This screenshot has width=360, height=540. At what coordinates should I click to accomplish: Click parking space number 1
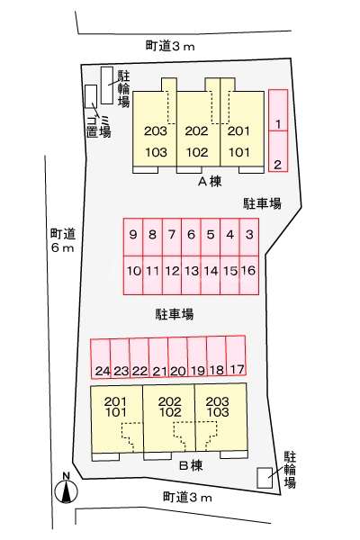tap(278, 110)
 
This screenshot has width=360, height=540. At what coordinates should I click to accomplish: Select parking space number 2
tap(278, 151)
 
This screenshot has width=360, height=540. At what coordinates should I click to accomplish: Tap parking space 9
tap(133, 238)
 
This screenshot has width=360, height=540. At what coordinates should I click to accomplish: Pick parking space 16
tap(248, 275)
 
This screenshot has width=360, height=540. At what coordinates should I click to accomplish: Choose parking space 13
tap(191, 275)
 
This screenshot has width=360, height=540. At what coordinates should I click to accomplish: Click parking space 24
tap(101, 359)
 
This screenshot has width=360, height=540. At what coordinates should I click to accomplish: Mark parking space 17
tap(236, 355)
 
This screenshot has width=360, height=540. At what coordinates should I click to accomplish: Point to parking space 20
tap(178, 357)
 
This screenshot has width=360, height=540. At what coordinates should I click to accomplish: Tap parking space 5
tap(211, 238)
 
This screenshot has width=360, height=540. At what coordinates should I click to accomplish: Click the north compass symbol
tap(66, 489)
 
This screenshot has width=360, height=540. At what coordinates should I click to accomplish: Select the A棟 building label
tap(210, 182)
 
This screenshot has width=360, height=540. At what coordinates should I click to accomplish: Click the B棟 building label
tap(191, 465)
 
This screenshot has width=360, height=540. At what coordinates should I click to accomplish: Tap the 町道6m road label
tap(63, 240)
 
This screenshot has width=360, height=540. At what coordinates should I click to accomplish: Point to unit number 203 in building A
tap(156, 130)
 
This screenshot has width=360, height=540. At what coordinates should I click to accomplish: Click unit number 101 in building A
tap(239, 152)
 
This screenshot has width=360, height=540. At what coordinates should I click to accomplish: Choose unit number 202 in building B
tap(169, 401)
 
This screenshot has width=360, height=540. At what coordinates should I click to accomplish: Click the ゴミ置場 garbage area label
tap(99, 126)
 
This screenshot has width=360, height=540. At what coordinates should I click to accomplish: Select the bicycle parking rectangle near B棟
tap(265, 478)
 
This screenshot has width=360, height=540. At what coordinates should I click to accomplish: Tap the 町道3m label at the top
tap(170, 46)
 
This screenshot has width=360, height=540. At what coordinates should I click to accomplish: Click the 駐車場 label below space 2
tap(263, 203)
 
